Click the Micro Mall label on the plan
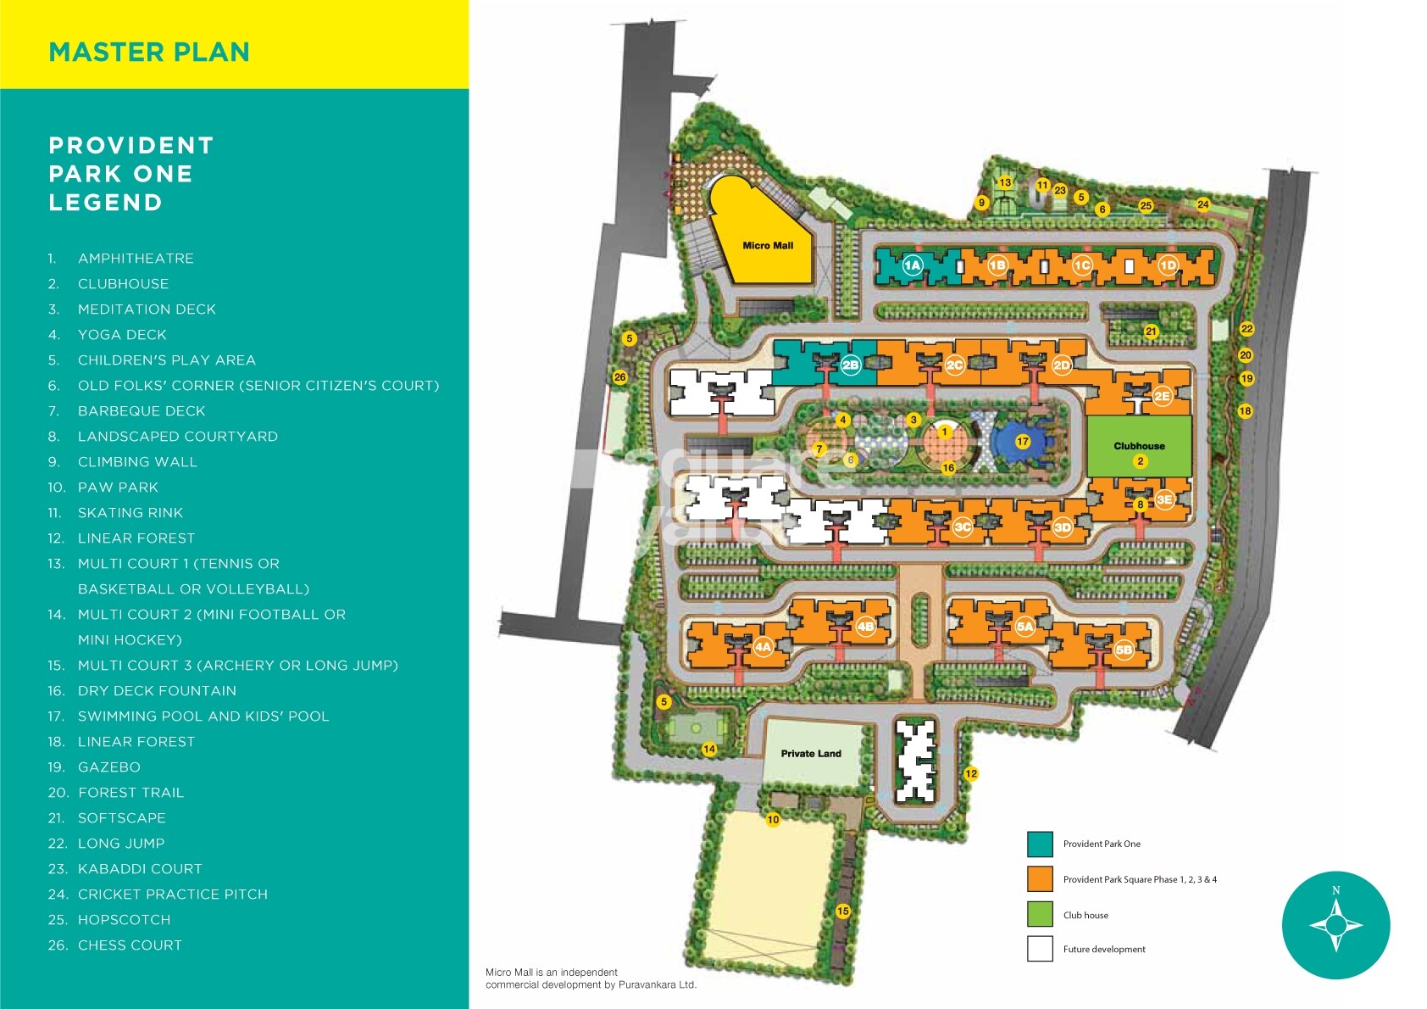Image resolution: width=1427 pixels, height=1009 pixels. point(768,246)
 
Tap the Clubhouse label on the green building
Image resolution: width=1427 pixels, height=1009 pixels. point(1139,446)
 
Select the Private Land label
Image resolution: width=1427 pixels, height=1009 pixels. point(811,754)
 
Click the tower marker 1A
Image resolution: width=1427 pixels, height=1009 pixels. point(912,265)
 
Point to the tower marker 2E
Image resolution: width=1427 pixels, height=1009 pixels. point(1162,396)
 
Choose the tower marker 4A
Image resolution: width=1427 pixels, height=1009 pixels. point(763,647)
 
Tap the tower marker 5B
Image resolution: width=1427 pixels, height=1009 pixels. point(1124,650)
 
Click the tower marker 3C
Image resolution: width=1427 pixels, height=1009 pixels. point(963,527)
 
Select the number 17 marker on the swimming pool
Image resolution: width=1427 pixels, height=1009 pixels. point(1023,441)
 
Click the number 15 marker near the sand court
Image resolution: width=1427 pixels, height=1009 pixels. point(842,911)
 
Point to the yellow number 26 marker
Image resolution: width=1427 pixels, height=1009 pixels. point(620,377)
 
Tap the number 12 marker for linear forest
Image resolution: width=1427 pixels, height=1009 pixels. point(971,773)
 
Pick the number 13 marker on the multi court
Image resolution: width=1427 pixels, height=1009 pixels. point(1005,182)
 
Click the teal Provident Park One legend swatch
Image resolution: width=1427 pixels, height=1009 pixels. point(1040,845)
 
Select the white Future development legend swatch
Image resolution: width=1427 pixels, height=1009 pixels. point(1040,949)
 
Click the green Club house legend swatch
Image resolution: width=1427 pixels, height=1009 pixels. point(1040,914)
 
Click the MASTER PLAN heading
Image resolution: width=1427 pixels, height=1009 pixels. point(149,52)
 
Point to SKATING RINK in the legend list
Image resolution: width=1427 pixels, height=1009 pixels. point(130,513)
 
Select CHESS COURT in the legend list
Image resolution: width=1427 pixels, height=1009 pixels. point(130,945)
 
